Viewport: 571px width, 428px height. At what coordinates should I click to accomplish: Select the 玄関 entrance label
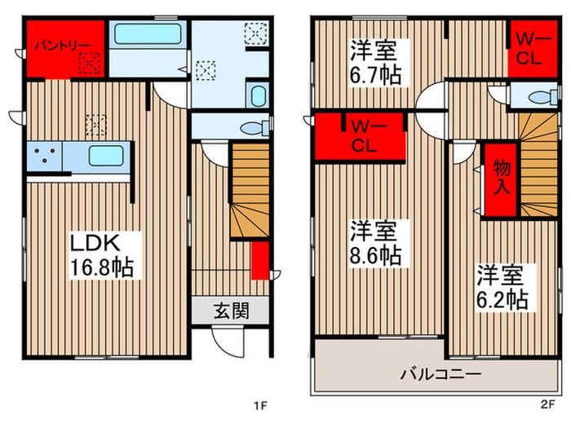pos(231,311)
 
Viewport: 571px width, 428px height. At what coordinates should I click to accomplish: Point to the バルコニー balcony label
pos(440,375)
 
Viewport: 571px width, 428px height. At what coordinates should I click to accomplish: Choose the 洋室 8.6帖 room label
pos(375,242)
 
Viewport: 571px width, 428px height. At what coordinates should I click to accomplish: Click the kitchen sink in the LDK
pos(106,155)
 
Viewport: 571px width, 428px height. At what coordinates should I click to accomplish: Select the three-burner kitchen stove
pos(46,155)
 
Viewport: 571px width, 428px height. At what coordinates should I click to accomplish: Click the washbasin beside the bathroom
pos(257,95)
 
